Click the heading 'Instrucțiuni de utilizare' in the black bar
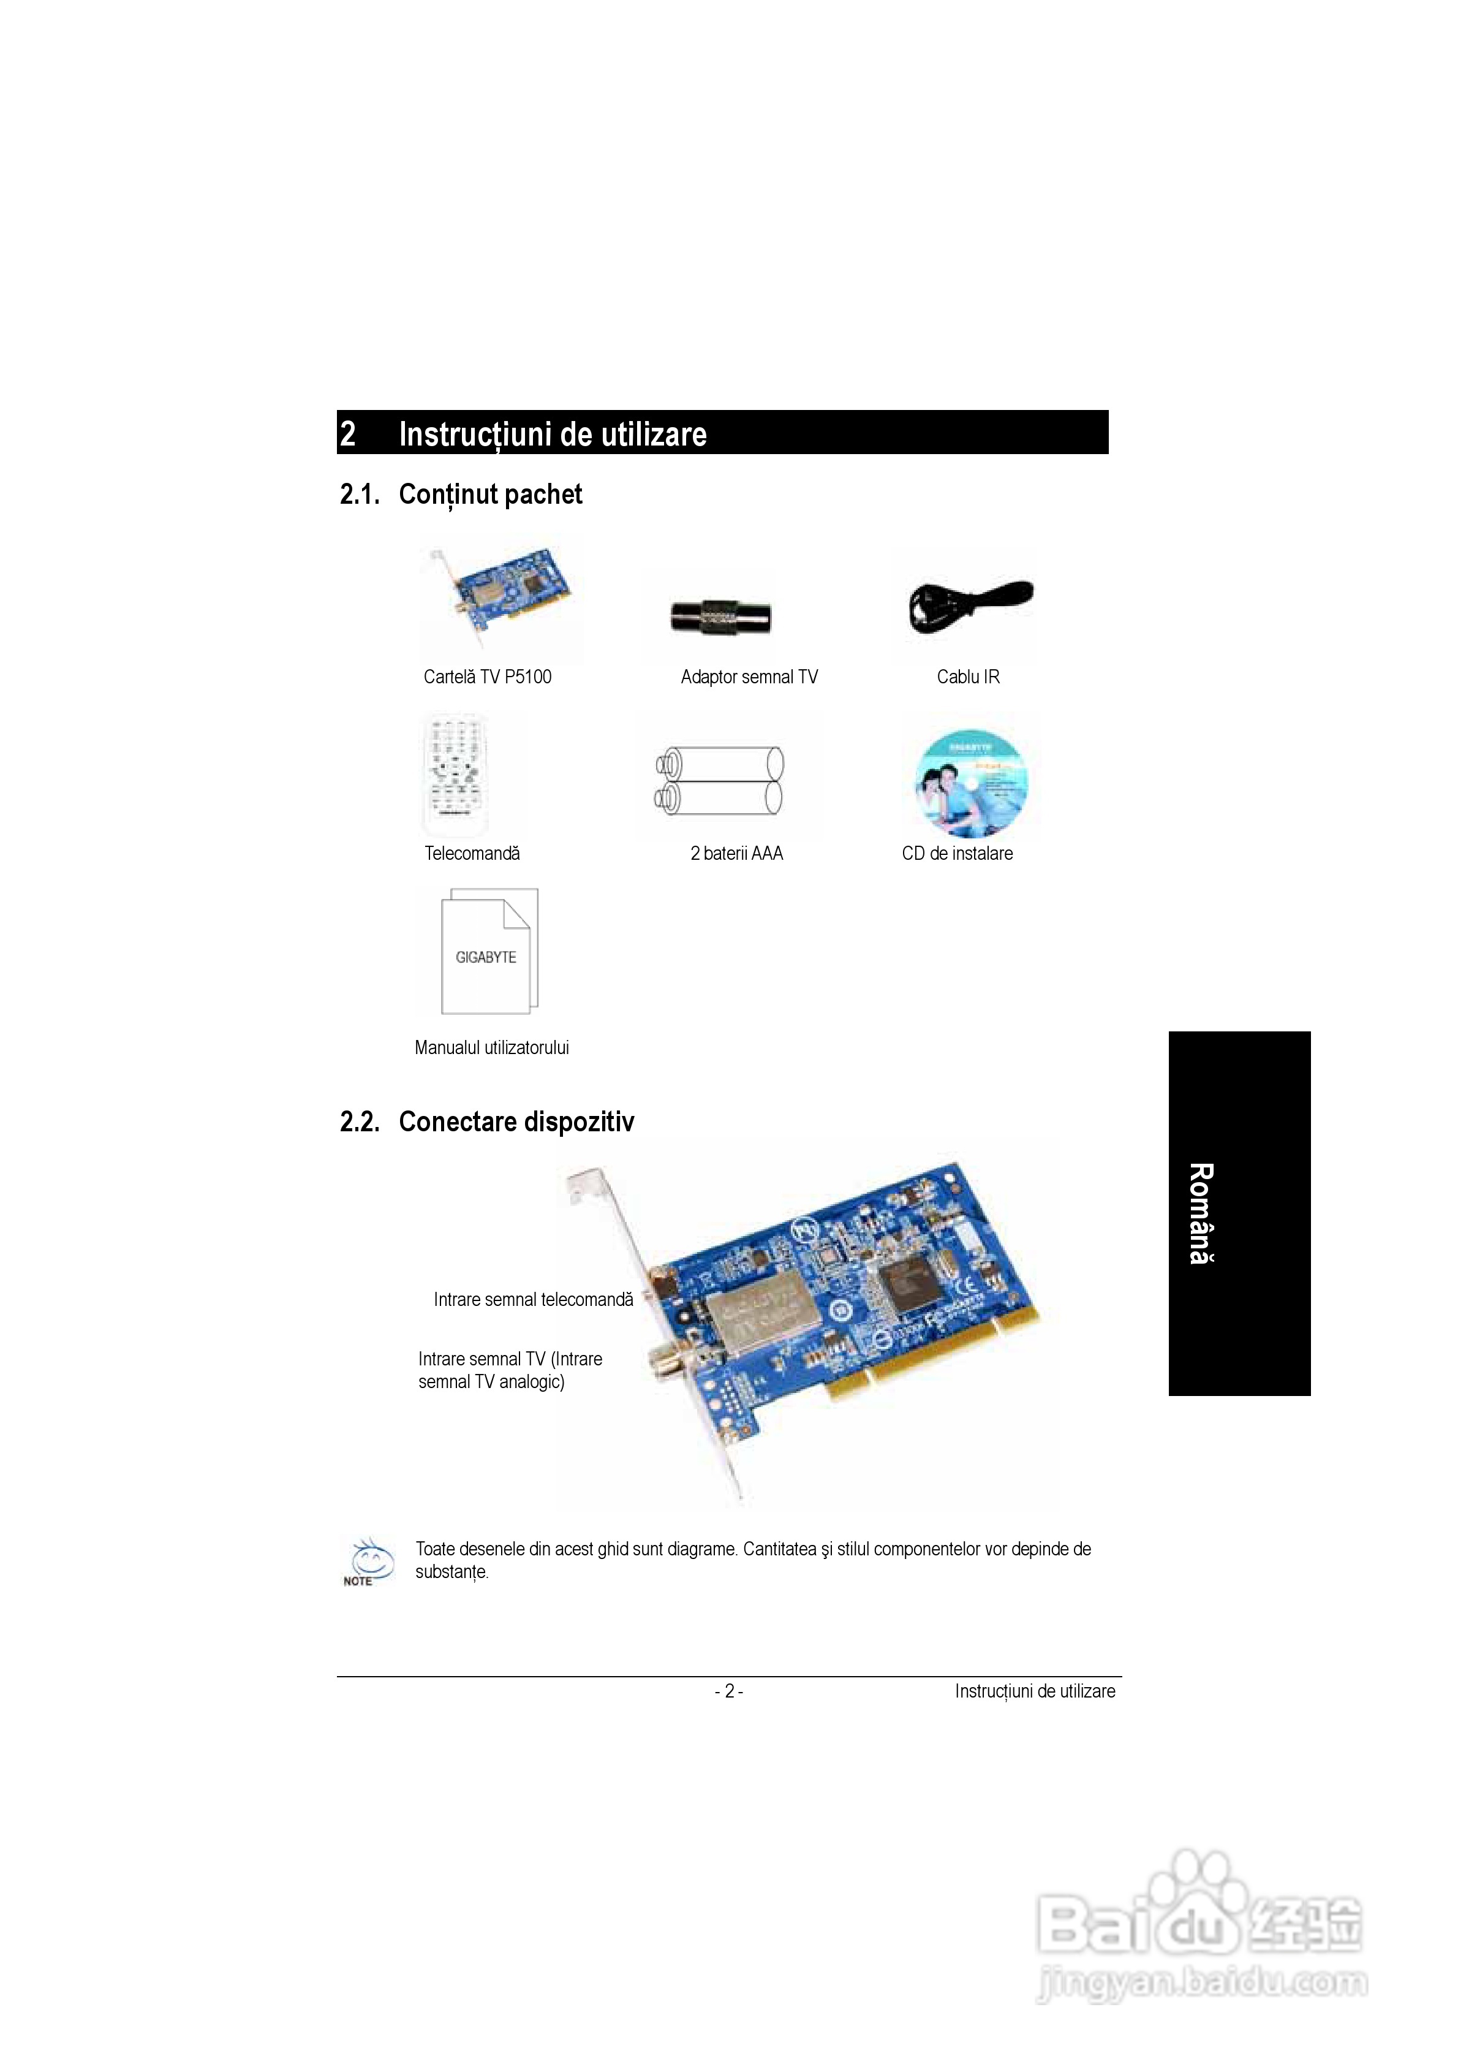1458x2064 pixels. coord(552,434)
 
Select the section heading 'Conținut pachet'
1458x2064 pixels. coord(490,495)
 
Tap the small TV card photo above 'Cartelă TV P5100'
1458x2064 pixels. coord(500,597)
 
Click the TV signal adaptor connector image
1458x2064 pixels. coord(720,617)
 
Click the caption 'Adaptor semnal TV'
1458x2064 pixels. coord(749,677)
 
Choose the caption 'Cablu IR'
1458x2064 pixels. coord(967,677)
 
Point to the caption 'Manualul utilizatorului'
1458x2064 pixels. coord(492,1047)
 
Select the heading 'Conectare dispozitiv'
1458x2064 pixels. coord(516,1122)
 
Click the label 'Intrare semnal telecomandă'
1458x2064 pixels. coord(533,1299)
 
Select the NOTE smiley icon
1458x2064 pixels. coord(368,1561)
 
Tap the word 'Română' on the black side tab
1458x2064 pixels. coord(1201,1213)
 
